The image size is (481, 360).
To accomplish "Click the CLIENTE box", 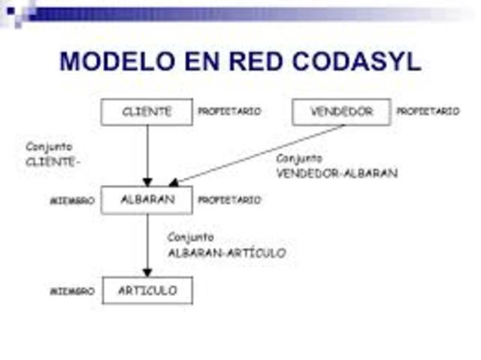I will (x=147, y=112).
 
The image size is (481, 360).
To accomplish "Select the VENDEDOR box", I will (x=341, y=112).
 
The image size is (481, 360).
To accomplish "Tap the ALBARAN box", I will (x=147, y=200).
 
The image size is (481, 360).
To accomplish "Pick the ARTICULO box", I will (x=147, y=290).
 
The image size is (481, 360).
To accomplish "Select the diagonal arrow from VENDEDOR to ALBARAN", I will (x=256, y=155).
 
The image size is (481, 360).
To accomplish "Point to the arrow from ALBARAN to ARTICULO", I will (x=147, y=245).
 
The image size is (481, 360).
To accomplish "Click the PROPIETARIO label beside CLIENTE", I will (x=229, y=112).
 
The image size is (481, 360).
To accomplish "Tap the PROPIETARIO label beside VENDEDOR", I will (x=428, y=112).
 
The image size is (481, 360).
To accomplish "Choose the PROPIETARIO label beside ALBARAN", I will (x=229, y=201).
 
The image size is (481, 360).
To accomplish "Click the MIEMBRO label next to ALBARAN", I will (x=72, y=201).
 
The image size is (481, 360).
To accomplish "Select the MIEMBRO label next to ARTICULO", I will (x=72, y=291).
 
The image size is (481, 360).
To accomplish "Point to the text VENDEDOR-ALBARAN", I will (x=337, y=173).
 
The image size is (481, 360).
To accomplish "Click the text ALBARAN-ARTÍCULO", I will (x=226, y=253).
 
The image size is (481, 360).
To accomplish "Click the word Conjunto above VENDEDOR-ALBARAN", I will (x=299, y=159).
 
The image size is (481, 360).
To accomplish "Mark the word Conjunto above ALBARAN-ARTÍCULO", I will (x=191, y=237).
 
